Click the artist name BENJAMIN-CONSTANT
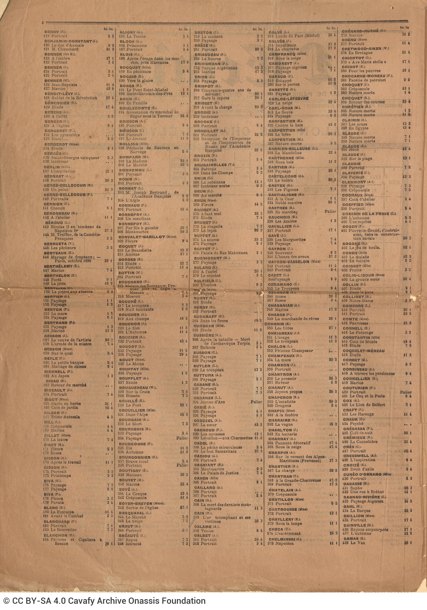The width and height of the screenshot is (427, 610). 68,41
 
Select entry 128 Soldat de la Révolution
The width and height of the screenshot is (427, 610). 70,98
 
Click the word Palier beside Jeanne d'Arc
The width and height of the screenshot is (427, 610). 256,402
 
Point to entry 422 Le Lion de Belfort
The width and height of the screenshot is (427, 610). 363,405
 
